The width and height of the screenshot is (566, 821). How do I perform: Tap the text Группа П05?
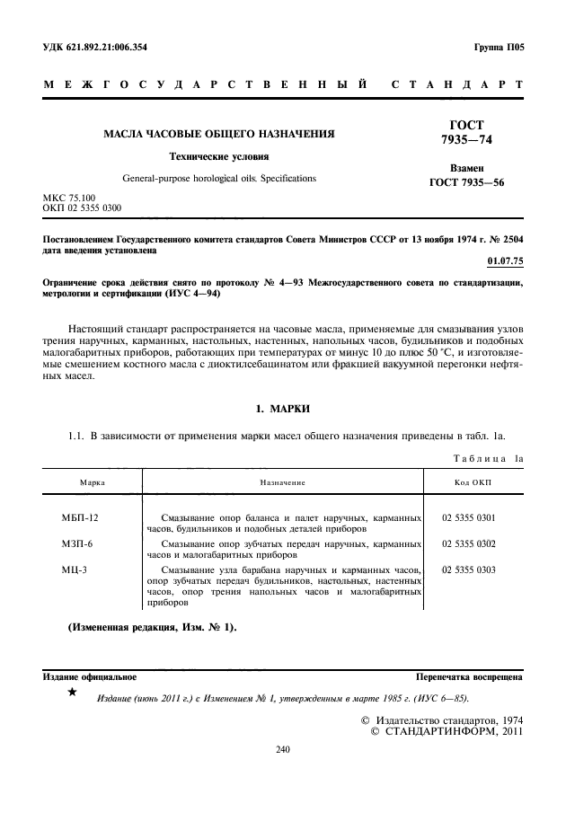498,48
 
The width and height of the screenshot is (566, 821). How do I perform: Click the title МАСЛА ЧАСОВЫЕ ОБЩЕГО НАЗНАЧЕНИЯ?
219,134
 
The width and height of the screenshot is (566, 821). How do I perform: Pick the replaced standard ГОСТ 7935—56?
467,184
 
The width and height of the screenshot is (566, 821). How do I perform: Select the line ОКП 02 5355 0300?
83,208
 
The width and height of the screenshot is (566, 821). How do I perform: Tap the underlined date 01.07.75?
504,260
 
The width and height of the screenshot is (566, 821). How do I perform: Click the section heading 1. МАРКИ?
283,410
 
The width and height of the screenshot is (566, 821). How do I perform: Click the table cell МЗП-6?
77,544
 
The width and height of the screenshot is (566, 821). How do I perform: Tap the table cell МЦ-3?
75,569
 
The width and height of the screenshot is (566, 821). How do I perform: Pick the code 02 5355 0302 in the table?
468,544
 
